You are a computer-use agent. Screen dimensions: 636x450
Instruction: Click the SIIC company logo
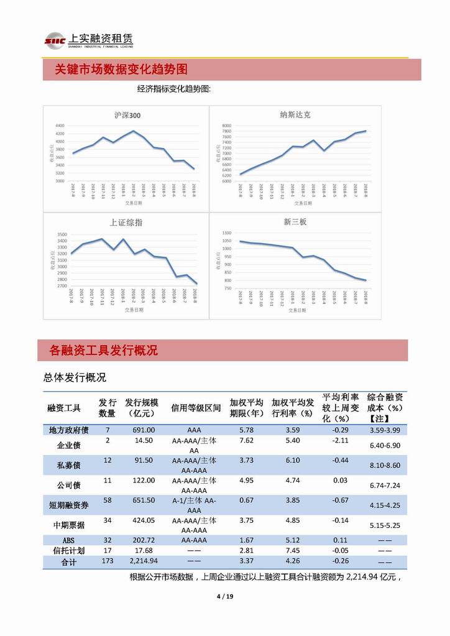point(53,40)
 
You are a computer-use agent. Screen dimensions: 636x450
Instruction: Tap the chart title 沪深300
point(127,115)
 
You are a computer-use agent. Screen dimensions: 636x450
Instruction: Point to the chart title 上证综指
point(126,223)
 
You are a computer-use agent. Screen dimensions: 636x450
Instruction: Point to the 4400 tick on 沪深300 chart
point(60,126)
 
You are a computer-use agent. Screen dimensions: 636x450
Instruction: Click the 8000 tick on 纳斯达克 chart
point(226,126)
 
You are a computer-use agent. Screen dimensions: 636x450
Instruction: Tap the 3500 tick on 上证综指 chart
point(62,234)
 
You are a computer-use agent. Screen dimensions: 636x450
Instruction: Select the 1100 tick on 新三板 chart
point(226,233)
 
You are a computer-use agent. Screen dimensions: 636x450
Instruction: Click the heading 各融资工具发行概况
point(103,351)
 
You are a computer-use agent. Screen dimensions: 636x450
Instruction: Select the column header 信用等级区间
point(196,408)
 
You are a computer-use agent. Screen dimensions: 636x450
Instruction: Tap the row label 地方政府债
point(68,430)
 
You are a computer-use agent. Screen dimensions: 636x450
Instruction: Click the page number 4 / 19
point(224,597)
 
